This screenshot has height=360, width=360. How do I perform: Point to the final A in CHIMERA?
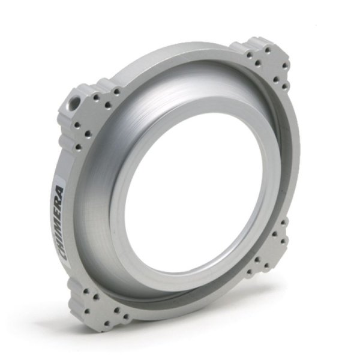(59, 192)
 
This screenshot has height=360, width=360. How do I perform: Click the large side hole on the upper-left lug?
(75, 101)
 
